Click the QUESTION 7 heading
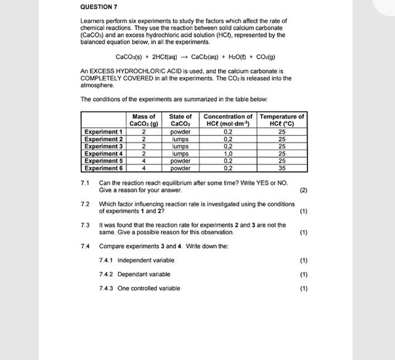pos(99,7)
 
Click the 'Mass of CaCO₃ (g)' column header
pos(144,120)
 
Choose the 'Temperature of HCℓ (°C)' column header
pos(282,120)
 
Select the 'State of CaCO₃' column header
pos(181,120)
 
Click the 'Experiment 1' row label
pos(104,131)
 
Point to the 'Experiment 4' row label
pos(104,153)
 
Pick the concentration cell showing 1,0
pos(228,153)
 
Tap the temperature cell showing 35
pos(282,168)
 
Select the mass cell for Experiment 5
pos(144,160)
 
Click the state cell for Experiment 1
pos(181,131)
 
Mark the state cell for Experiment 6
pos(181,168)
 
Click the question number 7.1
pos(85,183)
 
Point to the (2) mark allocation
pos(303,190)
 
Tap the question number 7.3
pos(85,225)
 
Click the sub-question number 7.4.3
pos(106,288)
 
